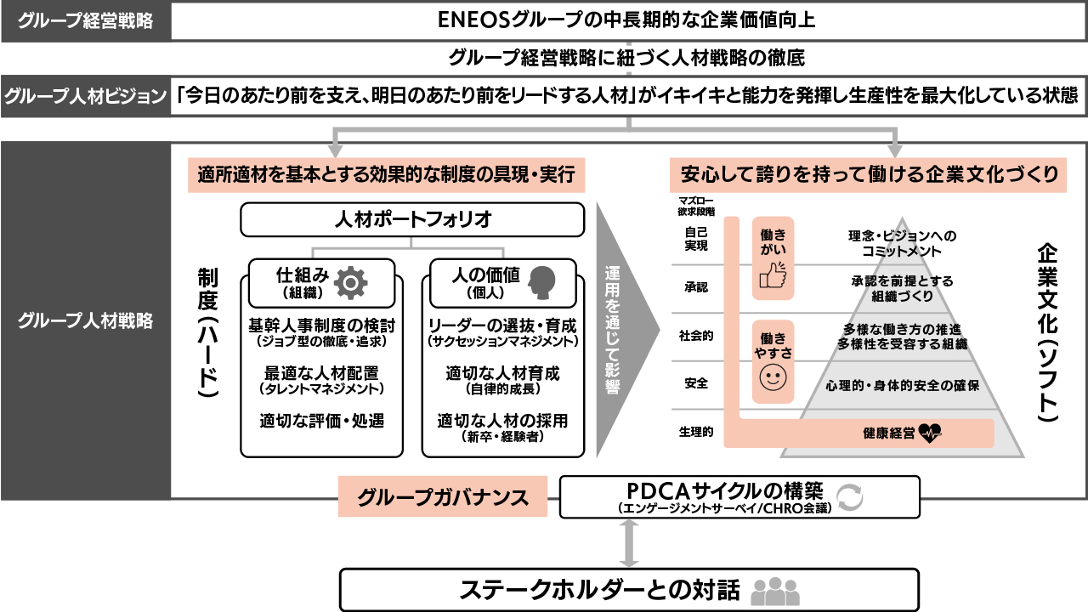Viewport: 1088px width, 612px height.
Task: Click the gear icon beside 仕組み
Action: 352,283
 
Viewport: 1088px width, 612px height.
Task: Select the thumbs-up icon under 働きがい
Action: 773,276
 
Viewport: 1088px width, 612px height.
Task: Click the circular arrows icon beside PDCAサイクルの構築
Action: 849,497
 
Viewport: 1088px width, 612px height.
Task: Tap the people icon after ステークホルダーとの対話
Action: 775,591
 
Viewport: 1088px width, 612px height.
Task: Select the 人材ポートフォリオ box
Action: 412,220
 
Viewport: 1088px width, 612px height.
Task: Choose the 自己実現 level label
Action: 695,237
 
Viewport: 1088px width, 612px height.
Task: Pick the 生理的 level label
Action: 695,432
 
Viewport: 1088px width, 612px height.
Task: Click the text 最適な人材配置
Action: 321,373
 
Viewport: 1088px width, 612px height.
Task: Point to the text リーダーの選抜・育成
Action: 502,326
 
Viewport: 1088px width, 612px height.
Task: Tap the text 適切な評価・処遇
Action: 321,420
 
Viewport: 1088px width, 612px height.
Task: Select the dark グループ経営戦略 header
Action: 86,21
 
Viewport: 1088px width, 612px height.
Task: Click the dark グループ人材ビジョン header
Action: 86,95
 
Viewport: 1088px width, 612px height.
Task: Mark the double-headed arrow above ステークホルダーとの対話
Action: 629,542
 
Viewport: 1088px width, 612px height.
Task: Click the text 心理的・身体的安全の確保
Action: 902,385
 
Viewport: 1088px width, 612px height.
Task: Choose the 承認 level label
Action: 695,287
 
